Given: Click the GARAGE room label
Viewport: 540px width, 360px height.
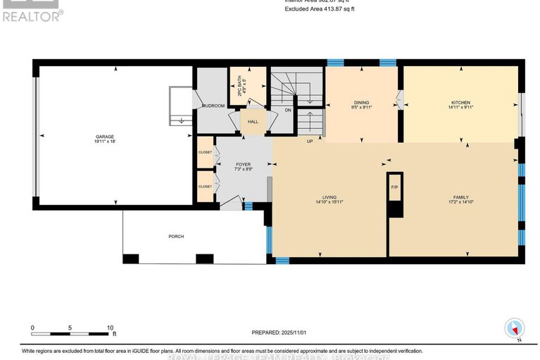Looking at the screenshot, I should click(x=105, y=137).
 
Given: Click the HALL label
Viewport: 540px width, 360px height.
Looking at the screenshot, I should click(x=253, y=122).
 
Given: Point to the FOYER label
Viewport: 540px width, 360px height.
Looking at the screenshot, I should click(x=243, y=164).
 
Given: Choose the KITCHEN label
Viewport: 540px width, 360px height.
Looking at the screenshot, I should click(x=461, y=103).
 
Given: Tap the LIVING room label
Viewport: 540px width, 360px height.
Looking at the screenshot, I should click(x=329, y=197).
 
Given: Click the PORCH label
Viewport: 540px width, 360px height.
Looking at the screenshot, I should click(x=176, y=236).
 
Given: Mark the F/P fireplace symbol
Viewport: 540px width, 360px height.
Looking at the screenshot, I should click(x=394, y=187).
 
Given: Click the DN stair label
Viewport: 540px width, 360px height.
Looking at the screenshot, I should click(x=287, y=110).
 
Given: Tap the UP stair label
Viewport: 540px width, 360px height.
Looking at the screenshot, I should click(x=309, y=141).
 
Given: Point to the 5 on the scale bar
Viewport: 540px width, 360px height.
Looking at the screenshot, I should click(x=70, y=328).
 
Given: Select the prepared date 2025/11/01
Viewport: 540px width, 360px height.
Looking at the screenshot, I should click(x=280, y=333).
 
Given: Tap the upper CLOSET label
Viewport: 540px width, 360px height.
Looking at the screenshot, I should click(x=205, y=152).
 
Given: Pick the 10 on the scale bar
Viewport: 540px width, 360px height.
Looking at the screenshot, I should click(x=110, y=328).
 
